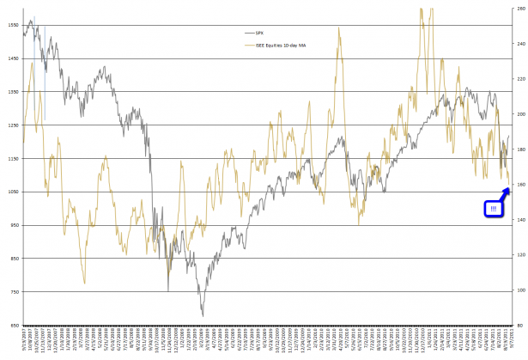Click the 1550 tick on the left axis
coord(12,25)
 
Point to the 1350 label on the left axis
coord(12,92)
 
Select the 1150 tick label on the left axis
coord(12,159)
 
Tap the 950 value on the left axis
coord(12,226)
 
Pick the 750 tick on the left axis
coord(12,292)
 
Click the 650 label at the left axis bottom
coord(12,326)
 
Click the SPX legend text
coord(273,33)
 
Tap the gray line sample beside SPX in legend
coord(255,33)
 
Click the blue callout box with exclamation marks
coord(494,208)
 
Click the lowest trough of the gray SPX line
coord(203,316)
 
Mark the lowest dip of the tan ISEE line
coord(84,283)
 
